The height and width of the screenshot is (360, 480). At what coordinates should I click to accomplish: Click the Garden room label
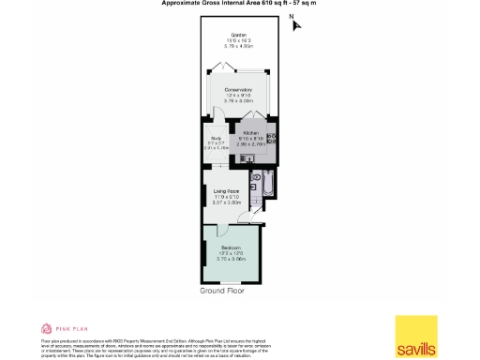pyautogui.click(x=239, y=35)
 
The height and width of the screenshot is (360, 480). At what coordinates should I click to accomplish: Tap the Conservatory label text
pyautogui.click(x=239, y=89)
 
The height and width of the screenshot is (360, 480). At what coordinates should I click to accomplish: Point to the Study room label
pyautogui.click(x=216, y=137)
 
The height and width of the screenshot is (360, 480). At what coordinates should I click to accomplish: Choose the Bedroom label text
pyautogui.click(x=231, y=247)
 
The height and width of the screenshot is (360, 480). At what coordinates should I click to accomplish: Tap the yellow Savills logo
pyautogui.click(x=414, y=337)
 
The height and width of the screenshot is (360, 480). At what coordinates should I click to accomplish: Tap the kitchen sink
pyautogui.click(x=271, y=138)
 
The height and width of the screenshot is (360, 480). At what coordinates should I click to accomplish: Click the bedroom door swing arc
pyautogui.click(x=251, y=217)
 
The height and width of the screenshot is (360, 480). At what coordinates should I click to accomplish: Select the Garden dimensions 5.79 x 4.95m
pyautogui.click(x=239, y=46)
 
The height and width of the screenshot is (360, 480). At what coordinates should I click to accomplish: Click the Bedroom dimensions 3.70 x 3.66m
pyautogui.click(x=231, y=258)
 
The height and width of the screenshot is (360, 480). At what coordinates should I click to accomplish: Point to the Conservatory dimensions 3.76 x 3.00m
pyautogui.click(x=239, y=100)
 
